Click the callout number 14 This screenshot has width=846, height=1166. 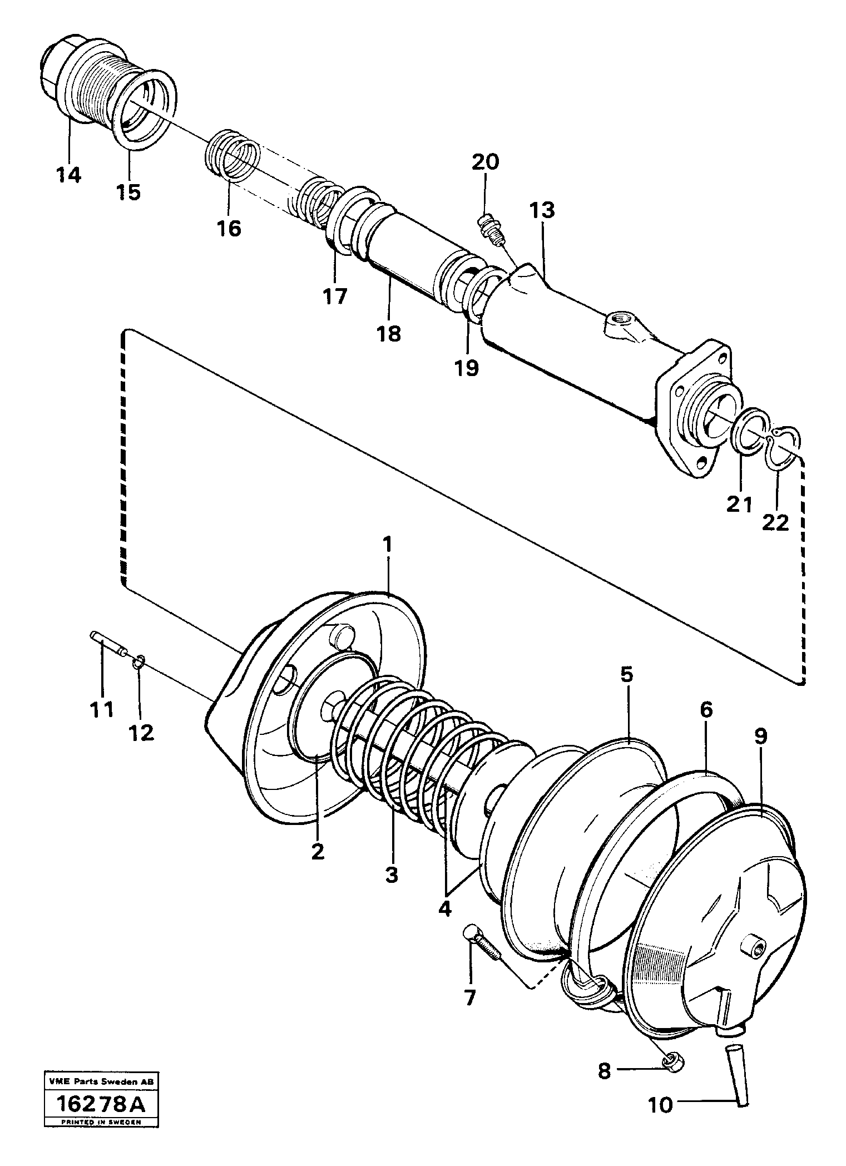(x=68, y=175)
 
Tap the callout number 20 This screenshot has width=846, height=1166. (x=486, y=162)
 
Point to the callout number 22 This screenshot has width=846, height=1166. (x=775, y=522)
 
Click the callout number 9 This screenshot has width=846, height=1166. (x=760, y=737)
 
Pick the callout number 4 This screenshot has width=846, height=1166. (x=445, y=908)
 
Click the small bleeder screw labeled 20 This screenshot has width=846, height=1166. (x=489, y=230)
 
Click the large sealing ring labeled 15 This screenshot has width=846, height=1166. (x=148, y=108)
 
